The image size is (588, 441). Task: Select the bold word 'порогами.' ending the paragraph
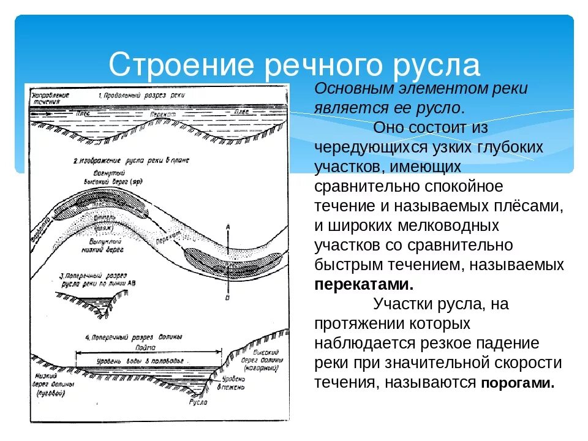click(518, 383)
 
